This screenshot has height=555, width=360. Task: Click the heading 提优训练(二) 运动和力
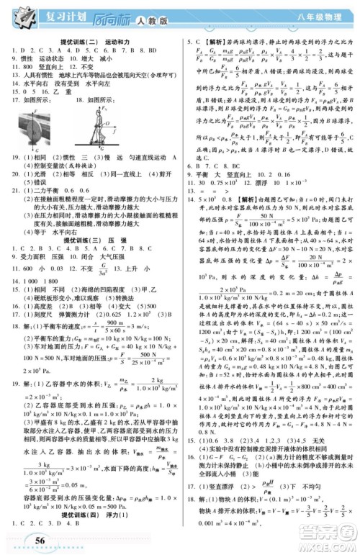[90, 43]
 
